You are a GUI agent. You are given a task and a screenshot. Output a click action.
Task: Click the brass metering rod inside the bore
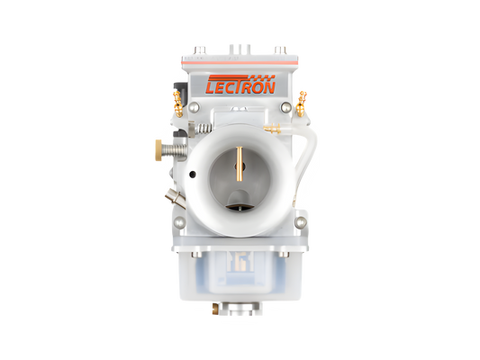pos(240,162)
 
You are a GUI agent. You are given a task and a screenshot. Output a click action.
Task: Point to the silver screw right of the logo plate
pos(286,108)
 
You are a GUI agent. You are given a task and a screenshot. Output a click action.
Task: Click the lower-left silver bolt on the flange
pos(180,221)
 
